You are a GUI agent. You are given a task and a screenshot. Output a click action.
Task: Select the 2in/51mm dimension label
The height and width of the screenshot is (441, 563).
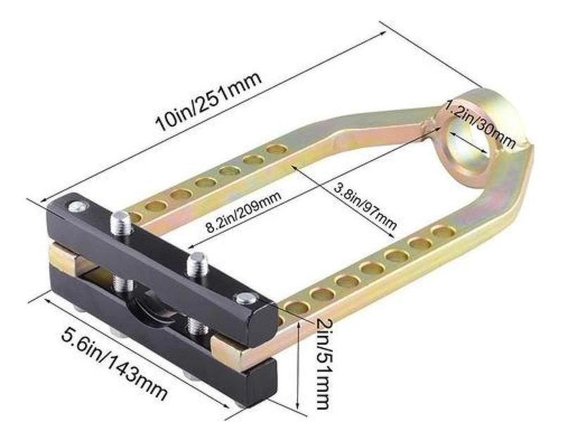322,364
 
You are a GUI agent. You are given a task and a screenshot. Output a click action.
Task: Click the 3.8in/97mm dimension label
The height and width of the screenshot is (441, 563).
365,206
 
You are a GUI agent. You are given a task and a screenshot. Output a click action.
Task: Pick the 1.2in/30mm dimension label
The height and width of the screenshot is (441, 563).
480,124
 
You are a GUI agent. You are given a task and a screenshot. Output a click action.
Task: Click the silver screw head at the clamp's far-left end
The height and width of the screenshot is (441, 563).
78,206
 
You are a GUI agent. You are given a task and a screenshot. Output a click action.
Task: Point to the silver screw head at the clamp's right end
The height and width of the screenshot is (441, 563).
244,298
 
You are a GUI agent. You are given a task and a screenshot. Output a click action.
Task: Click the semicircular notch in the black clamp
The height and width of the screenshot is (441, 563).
153,312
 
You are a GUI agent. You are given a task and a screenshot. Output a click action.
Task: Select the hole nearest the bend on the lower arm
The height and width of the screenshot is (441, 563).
444,232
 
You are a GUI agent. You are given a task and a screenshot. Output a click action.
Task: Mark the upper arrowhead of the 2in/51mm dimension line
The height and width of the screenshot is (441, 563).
298,324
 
